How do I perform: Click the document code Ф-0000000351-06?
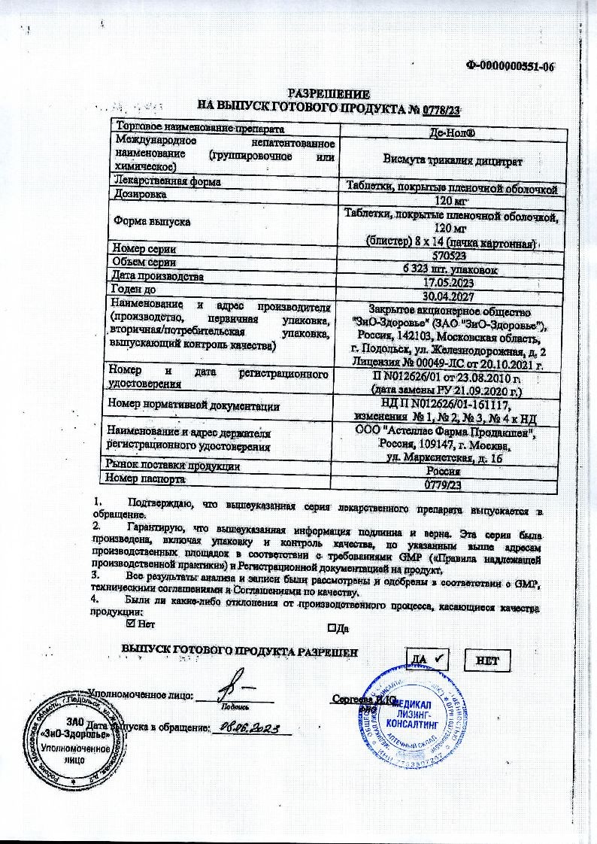point(510,67)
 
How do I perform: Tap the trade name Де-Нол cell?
point(450,131)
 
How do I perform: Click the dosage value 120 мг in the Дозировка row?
point(450,200)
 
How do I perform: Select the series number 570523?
point(450,256)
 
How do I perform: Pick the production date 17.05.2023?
point(450,283)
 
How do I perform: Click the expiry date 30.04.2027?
point(450,296)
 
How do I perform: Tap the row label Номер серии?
point(144,248)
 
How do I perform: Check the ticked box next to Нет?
point(132,624)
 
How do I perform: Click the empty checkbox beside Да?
point(331,627)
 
